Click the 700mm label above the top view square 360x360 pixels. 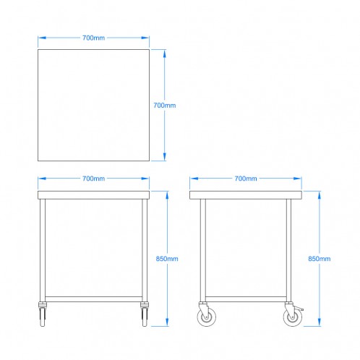point(93,38)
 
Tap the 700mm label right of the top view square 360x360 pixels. point(165,106)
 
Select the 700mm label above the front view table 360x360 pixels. point(93,179)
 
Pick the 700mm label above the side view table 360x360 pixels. point(246,179)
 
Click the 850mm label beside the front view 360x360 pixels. point(167,259)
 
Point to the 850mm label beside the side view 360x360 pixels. point(320,259)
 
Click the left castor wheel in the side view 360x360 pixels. point(207,317)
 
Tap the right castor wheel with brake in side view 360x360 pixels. point(293,317)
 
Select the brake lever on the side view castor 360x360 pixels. point(299,309)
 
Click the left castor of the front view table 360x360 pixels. point(43,314)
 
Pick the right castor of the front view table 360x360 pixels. point(145,314)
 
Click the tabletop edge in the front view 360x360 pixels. point(93,195)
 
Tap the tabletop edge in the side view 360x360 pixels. point(246,195)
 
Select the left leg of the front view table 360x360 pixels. point(43,250)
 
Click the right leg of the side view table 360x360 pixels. point(289,250)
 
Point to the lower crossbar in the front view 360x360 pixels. point(93,299)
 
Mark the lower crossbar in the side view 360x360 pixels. point(246,299)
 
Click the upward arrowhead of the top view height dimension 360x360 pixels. point(165,54)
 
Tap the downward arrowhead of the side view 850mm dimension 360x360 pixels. point(320,322)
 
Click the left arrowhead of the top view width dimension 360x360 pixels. point(42,38)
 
